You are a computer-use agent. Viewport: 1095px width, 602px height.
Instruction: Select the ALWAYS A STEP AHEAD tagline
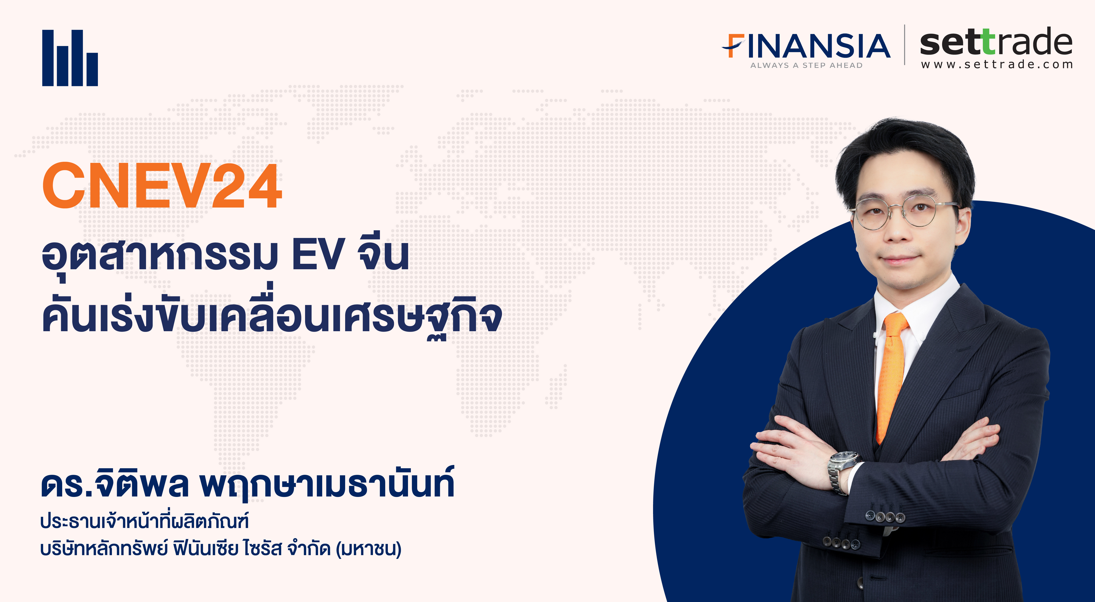point(806,65)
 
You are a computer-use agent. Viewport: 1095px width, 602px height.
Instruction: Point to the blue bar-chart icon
point(70,58)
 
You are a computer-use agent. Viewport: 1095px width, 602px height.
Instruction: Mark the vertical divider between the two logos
point(904,45)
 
